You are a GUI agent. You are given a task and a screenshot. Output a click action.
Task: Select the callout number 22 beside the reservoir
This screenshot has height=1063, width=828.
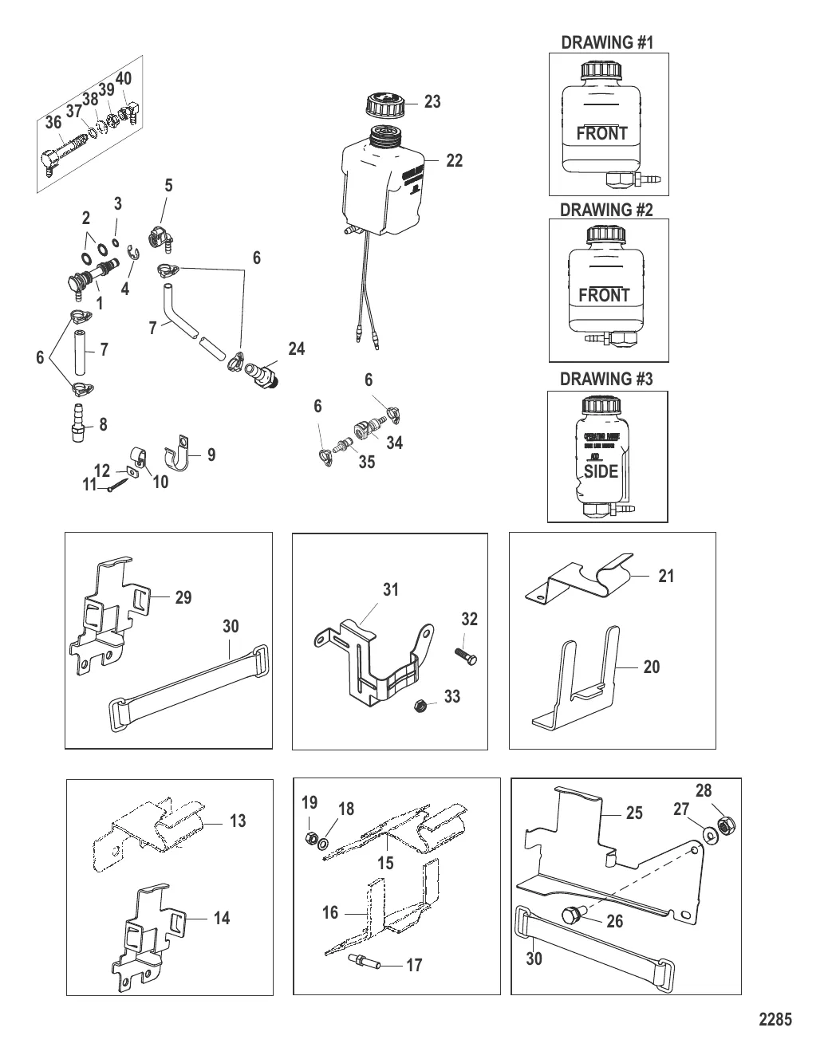tap(454, 160)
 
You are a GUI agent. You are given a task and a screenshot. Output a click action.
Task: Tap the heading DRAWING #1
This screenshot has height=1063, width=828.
tap(607, 42)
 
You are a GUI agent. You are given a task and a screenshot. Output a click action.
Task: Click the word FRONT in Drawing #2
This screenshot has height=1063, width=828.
tap(604, 295)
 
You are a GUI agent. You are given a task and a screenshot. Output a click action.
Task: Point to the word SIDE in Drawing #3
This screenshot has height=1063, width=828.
tap(601, 471)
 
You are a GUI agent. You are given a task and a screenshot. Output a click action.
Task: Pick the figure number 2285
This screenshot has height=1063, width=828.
tap(775, 1019)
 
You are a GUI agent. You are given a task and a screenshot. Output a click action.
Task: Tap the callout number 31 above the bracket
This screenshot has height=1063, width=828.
tap(391, 590)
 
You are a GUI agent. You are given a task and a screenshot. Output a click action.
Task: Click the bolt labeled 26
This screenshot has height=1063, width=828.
tap(571, 915)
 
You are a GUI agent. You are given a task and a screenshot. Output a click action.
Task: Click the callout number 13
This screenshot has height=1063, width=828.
tap(238, 821)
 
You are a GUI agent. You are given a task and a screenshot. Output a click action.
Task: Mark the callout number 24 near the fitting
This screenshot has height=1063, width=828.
tap(297, 349)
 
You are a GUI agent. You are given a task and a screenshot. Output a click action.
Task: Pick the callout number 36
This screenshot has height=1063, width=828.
tap(53, 123)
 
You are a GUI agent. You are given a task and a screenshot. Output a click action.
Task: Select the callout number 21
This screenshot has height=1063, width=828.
tap(666, 576)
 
